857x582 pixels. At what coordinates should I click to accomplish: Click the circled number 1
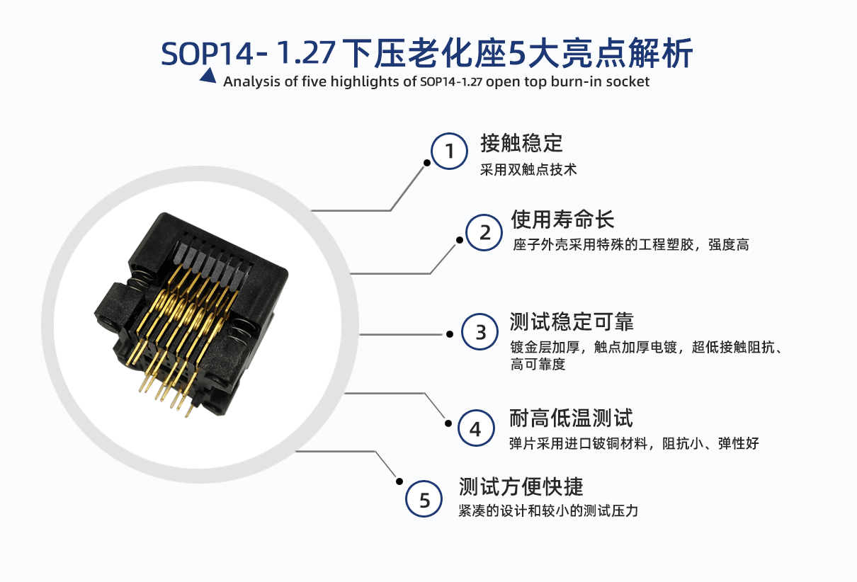pyautogui.click(x=449, y=151)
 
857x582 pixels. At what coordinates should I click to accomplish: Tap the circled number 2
pyautogui.click(x=484, y=232)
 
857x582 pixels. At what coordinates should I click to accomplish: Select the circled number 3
pyautogui.click(x=479, y=332)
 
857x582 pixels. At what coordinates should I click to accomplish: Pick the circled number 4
pyautogui.click(x=476, y=428)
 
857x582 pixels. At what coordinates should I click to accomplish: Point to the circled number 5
pyautogui.click(x=424, y=499)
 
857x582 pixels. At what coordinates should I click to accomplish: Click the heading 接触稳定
pyautogui.click(x=521, y=144)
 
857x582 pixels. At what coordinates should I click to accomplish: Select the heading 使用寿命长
pyautogui.click(x=562, y=219)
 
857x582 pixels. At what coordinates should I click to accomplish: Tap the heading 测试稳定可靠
pyautogui.click(x=572, y=321)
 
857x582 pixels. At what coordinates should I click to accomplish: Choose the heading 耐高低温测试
pyautogui.click(x=571, y=418)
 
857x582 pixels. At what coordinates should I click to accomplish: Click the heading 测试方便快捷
pyautogui.click(x=521, y=487)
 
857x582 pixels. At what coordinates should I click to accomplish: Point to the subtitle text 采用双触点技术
pyautogui.click(x=528, y=170)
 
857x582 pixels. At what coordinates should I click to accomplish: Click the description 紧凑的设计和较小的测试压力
pyautogui.click(x=548, y=511)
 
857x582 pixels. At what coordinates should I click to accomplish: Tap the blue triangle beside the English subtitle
pyautogui.click(x=208, y=76)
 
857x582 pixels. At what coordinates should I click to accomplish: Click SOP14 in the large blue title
pyautogui.click(x=207, y=54)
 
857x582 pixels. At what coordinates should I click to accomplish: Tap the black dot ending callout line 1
pyautogui.click(x=427, y=163)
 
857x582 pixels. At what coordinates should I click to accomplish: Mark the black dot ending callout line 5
pyautogui.click(x=399, y=481)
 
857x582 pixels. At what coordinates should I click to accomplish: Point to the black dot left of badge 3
pyautogui.click(x=450, y=335)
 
